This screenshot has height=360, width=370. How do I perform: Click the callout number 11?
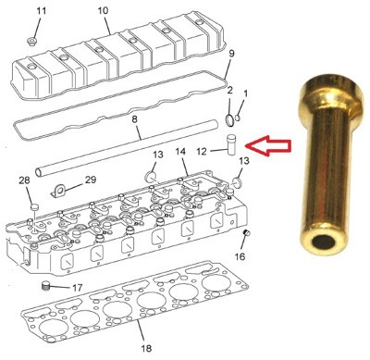42,11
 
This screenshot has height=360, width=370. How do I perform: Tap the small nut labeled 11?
31,42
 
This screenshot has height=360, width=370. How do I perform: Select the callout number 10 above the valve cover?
104,11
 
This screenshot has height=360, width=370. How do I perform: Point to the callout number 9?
231,54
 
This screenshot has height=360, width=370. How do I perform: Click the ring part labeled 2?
229,120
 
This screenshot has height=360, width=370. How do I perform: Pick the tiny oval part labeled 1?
238,118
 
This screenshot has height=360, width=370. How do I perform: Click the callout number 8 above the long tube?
134,119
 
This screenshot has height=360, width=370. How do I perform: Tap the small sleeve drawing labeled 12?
231,145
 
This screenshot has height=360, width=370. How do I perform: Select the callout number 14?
181,152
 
